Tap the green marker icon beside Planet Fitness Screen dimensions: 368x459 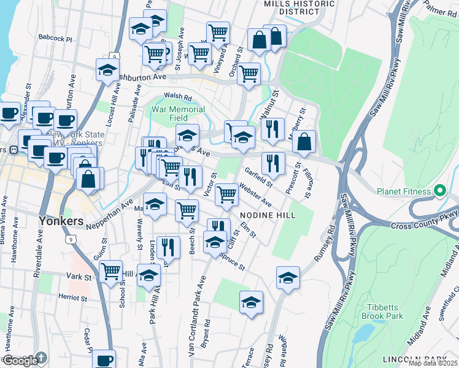click(439, 191)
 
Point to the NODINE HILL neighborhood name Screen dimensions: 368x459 click(268, 215)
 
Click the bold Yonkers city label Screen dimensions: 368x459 click(61, 220)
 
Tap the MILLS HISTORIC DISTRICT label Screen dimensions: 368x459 click(299, 7)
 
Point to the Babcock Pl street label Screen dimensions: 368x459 click(55, 38)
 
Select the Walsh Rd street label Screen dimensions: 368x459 click(178, 97)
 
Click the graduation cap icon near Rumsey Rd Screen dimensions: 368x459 click(288, 277)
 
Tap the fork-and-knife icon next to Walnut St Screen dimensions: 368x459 click(272, 129)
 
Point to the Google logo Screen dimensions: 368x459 click(20, 361)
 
